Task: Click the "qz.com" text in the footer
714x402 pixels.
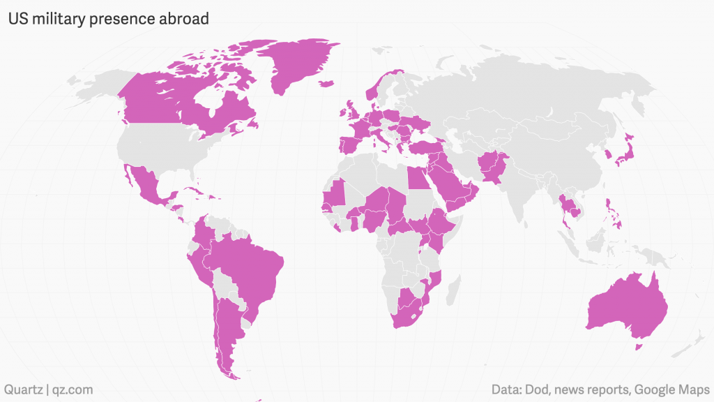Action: tap(70, 389)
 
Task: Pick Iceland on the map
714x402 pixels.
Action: tap(325, 84)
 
